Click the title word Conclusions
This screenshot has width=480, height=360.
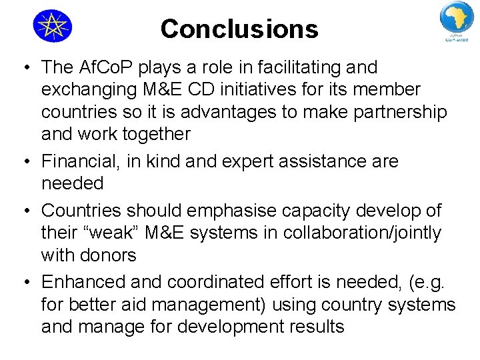click(239, 29)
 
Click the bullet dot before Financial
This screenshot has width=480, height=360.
click(24, 162)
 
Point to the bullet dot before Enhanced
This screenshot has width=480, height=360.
click(24, 283)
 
